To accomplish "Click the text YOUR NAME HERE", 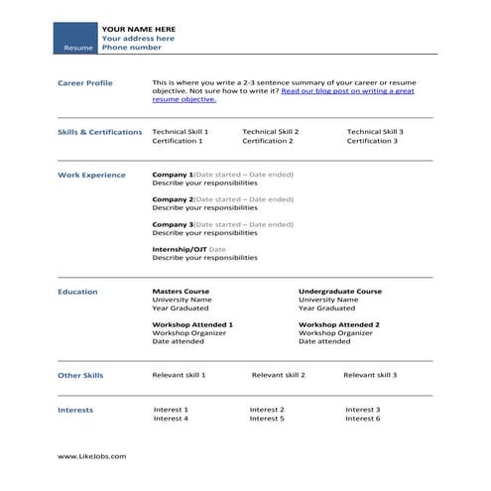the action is pos(138,29).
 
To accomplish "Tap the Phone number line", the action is pos(131,47).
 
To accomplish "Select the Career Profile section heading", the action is pos(85,83).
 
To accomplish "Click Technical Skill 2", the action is pos(270,131).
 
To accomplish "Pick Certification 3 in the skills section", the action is pos(372,141).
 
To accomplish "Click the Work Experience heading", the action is pos(91,175).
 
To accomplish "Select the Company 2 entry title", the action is pos(173,199).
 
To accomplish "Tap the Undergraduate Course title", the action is pos(340,292).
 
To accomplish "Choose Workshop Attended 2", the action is pos(339,324).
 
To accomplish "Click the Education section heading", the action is pos(77,292).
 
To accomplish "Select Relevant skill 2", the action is pos(279,375).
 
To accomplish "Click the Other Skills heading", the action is pos(80,375).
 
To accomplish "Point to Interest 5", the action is pos(267,419).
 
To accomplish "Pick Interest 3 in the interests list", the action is pos(363,409).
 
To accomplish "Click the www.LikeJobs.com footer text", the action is pos(91,456).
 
